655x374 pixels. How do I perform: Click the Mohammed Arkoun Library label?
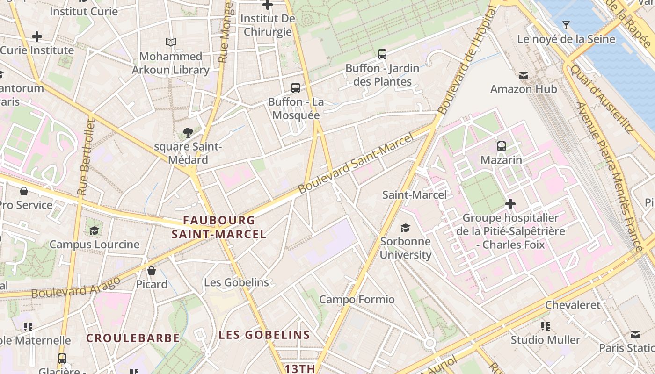tap(170, 63)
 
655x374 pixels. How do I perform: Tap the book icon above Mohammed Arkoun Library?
tap(171, 43)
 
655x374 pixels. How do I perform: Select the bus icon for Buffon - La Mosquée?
tap(296, 87)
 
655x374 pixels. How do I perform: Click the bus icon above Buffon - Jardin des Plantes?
tap(382, 54)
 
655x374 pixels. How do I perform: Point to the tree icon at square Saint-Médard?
tap(188, 133)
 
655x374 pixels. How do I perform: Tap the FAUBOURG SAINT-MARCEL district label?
tap(219, 227)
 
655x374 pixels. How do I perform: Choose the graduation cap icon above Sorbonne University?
tap(405, 228)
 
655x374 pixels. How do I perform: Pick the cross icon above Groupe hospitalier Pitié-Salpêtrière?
tap(510, 204)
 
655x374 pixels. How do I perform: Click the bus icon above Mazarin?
tap(502, 146)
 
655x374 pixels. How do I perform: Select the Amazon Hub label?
tap(524, 89)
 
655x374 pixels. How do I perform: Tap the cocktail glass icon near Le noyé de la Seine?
tap(566, 25)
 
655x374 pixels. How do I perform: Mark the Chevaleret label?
tap(572, 305)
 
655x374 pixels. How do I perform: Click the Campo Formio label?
tap(357, 299)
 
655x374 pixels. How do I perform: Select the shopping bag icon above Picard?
tap(152, 271)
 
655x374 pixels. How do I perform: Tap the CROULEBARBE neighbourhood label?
tap(133, 338)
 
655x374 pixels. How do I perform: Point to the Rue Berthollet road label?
tap(87, 157)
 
